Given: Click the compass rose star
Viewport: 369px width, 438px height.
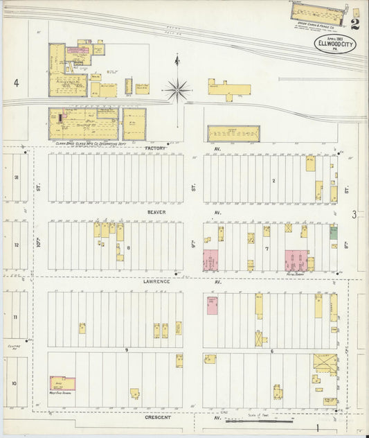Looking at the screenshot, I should click(x=177, y=89).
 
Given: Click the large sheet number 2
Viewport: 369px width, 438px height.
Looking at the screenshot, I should click(x=355, y=26).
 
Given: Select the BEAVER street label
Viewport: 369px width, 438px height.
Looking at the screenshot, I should click(x=155, y=213).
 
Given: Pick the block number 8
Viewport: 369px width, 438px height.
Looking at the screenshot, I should click(x=128, y=247).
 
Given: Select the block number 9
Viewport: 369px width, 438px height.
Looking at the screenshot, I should click(x=127, y=350).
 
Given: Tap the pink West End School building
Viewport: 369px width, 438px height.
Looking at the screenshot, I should click(x=62, y=383).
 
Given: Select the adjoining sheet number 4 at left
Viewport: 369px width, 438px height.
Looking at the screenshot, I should click(x=15, y=83).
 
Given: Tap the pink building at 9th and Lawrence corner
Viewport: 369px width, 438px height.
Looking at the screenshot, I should click(x=210, y=261).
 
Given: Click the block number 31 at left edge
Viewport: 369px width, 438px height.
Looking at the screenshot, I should click(x=15, y=177).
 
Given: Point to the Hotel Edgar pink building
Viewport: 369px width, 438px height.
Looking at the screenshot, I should click(x=296, y=261).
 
